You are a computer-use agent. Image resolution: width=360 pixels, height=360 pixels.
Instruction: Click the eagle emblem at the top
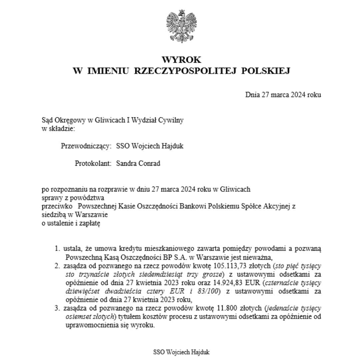point(181,26)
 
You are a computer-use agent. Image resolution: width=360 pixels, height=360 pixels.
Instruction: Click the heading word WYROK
point(181,60)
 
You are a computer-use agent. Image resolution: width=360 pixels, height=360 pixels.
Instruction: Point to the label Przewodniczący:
point(86,146)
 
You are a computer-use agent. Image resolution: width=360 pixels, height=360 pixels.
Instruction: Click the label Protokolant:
point(93,163)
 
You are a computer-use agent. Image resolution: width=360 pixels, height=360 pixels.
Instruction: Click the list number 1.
point(57,249)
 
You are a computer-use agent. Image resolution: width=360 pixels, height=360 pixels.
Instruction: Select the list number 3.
point(57,309)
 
